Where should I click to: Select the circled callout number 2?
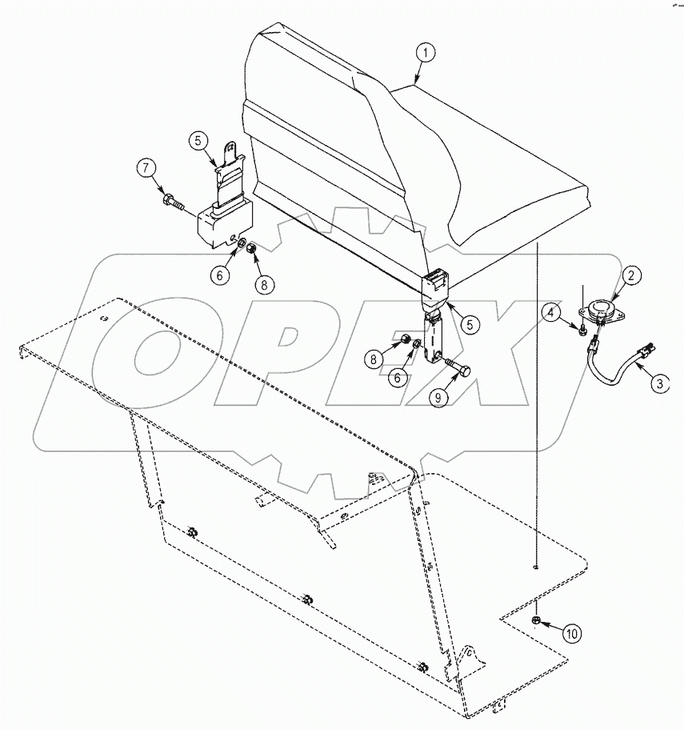(x=631, y=277)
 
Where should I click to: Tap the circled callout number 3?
(x=658, y=383)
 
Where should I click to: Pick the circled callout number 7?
(x=146, y=169)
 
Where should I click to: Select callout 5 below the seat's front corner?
(x=469, y=325)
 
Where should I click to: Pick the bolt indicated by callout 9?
(x=457, y=371)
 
